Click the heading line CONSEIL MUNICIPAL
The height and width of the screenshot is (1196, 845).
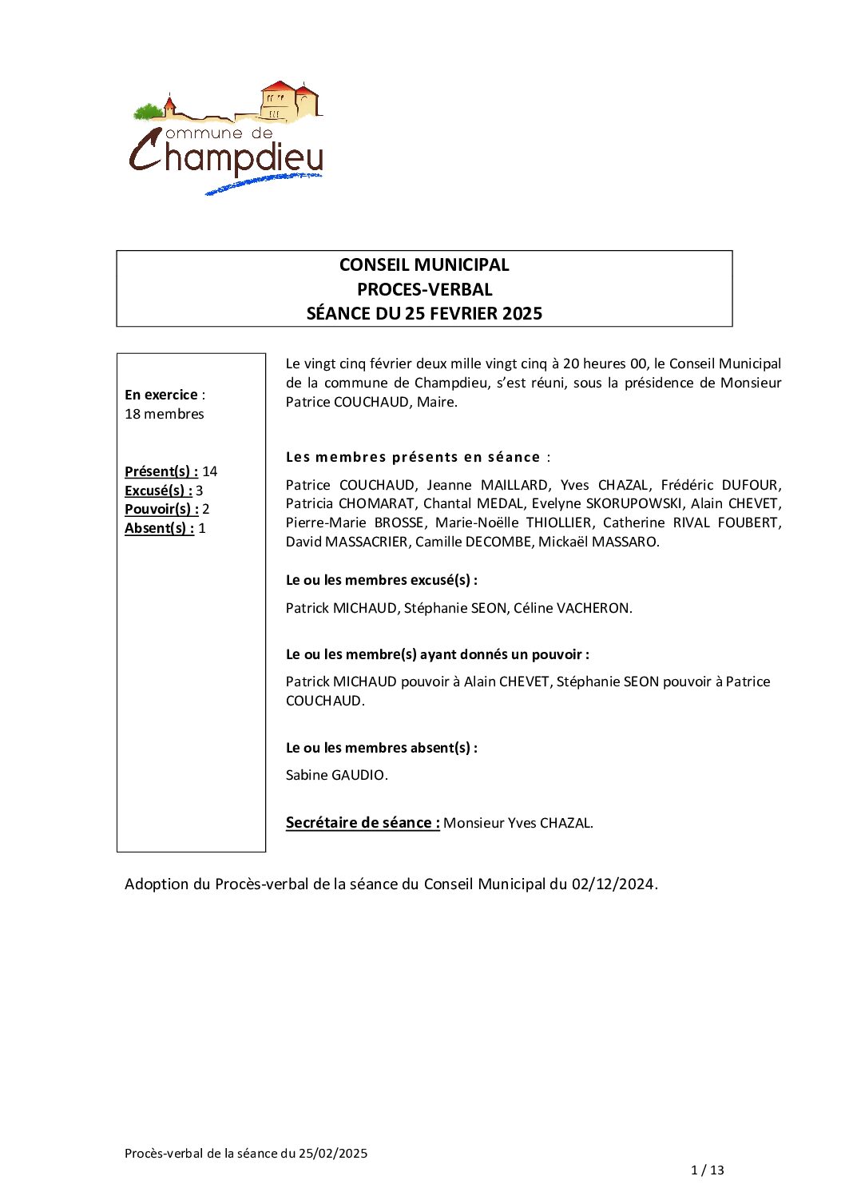(424, 265)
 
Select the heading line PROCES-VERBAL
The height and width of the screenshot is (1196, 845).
(424, 289)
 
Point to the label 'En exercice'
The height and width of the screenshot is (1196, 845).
(161, 395)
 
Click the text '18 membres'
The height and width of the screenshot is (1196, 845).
(165, 414)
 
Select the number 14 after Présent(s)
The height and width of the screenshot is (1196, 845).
(210, 471)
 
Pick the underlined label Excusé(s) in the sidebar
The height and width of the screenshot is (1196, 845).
(158, 491)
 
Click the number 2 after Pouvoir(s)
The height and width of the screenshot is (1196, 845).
(206, 509)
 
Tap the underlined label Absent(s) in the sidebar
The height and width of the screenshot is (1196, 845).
(159, 528)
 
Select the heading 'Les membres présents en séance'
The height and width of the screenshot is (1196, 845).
(413, 457)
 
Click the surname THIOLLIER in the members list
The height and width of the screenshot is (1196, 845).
(559, 523)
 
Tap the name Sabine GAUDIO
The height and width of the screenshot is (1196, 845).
(335, 775)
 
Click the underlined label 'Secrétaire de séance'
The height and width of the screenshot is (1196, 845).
(363, 823)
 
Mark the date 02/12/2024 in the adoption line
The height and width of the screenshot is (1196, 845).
(613, 884)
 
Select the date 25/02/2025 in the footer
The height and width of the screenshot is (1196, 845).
(333, 1153)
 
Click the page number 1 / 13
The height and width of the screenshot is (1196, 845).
(707, 1170)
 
